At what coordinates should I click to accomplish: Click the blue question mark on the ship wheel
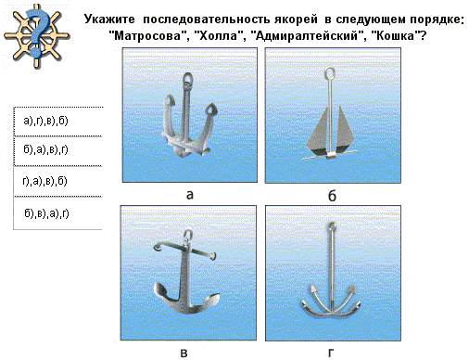pyautogui.click(x=37, y=32)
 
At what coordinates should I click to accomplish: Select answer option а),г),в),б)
pyautogui.click(x=45, y=121)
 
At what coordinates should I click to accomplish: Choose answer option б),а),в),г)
pyautogui.click(x=45, y=149)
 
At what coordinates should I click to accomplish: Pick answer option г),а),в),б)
pyautogui.click(x=44, y=181)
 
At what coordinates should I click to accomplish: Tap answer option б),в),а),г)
pyautogui.click(x=46, y=213)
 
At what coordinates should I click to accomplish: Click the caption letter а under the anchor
pyautogui.click(x=190, y=195)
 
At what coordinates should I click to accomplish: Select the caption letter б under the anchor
pyautogui.click(x=332, y=196)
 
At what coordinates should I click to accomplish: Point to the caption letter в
pyautogui.click(x=184, y=353)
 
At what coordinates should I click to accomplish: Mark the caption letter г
pyautogui.click(x=331, y=353)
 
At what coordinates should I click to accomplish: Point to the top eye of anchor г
pyautogui.click(x=332, y=226)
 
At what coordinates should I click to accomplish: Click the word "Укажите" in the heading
pyautogui.click(x=109, y=19)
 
